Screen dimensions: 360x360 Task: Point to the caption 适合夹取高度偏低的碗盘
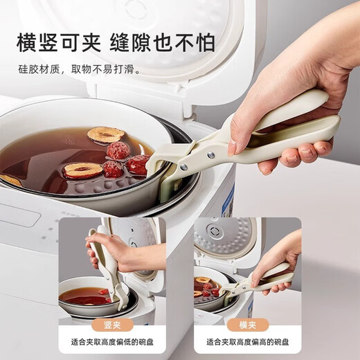click(112, 341)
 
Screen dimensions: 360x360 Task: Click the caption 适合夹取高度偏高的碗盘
click(247, 341)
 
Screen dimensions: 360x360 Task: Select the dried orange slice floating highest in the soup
click(105, 134)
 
